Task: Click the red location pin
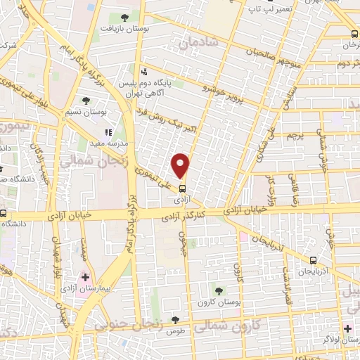point(181,165)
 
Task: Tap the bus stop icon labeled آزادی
point(182,188)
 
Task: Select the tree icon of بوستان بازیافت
point(124,18)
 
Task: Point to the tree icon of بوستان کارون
point(218,290)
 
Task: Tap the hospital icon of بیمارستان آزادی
point(86,278)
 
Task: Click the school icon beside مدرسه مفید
point(108,131)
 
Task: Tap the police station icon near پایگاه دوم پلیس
point(144,71)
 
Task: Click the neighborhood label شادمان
point(199,44)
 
